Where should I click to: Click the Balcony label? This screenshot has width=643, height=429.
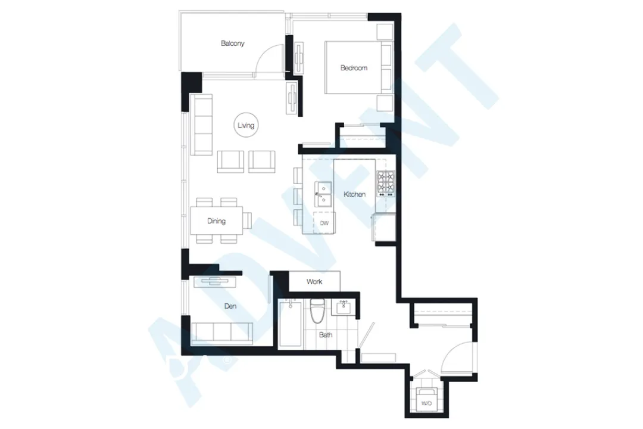(232, 43)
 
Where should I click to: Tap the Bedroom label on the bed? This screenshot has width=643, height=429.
(354, 68)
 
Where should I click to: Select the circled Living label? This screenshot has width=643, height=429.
(246, 126)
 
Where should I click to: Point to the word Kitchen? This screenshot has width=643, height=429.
(354, 194)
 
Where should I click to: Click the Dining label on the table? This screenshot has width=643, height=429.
(216, 222)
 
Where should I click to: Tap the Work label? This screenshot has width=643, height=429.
(314, 281)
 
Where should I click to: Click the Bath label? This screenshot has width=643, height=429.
(326, 335)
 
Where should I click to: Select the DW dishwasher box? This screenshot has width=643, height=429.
(324, 223)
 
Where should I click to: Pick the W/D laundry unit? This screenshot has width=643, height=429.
(426, 401)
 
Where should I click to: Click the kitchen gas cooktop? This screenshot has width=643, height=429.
(385, 184)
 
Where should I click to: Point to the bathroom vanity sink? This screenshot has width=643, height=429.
(343, 307)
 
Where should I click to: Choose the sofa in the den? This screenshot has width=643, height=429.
(222, 332)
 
